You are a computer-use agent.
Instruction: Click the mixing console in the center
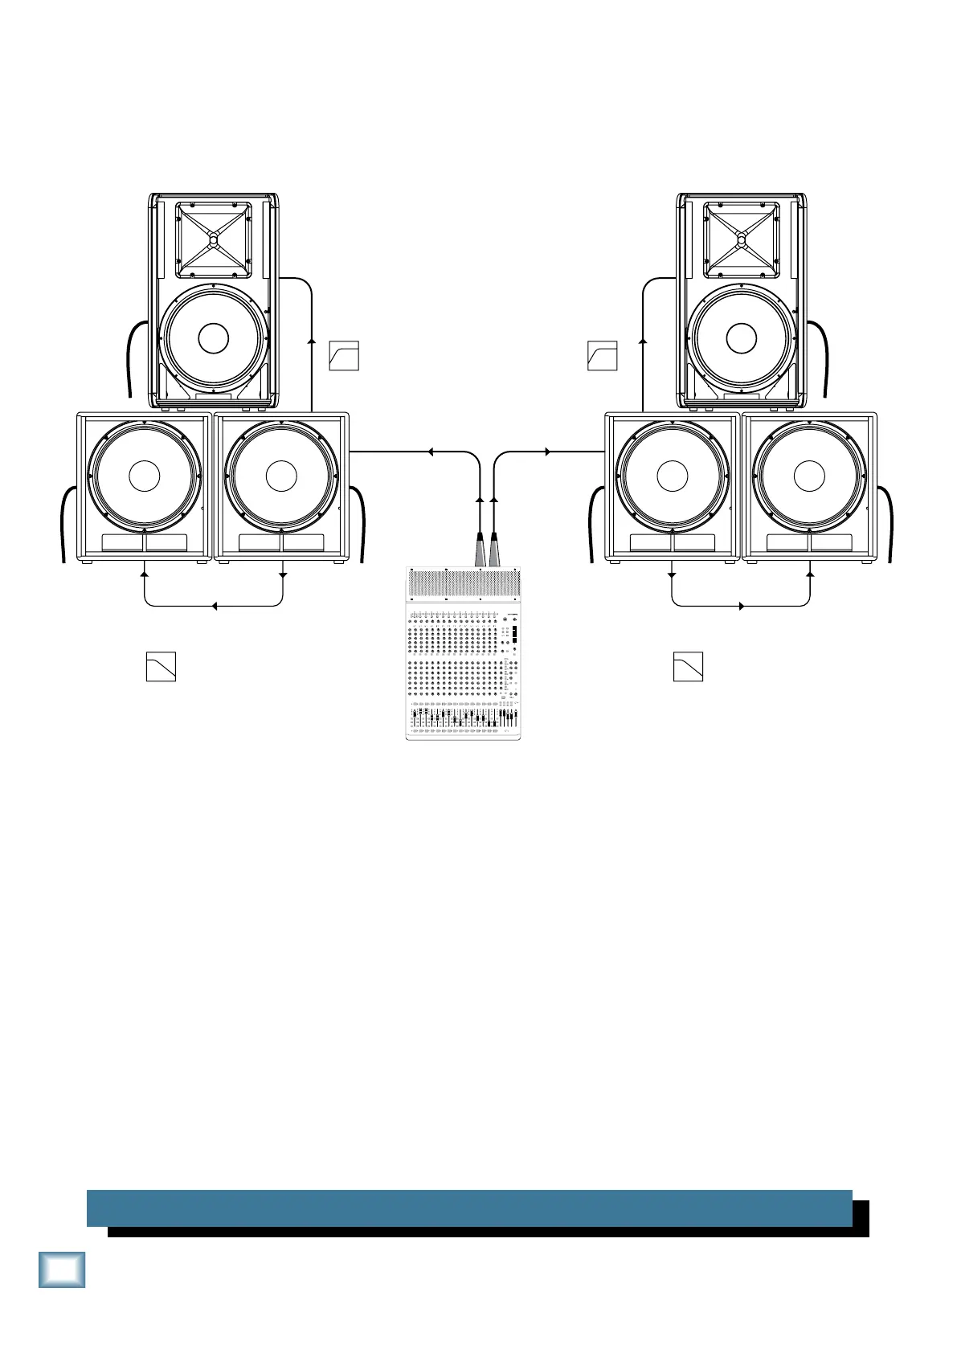[463, 655]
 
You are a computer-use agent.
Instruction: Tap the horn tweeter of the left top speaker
[213, 239]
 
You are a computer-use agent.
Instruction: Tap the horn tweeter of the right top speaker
[741, 239]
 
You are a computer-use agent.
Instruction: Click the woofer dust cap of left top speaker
[213, 338]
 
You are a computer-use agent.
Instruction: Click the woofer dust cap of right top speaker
[741, 338]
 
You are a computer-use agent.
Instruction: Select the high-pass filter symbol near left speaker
[344, 356]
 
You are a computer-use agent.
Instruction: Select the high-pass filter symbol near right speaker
[603, 356]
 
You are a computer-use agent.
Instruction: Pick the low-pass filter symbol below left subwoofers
[161, 667]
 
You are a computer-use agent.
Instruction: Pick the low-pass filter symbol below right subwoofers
[688, 667]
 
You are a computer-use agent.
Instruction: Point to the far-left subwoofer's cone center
[144, 476]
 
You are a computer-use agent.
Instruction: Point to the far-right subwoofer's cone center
[809, 476]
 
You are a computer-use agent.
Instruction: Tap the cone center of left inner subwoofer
[281, 476]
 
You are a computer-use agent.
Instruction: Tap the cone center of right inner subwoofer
[672, 476]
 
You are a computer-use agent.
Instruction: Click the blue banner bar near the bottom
[469, 1208]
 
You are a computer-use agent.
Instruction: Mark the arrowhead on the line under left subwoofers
[215, 606]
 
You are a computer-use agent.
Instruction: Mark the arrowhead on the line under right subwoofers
[741, 606]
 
